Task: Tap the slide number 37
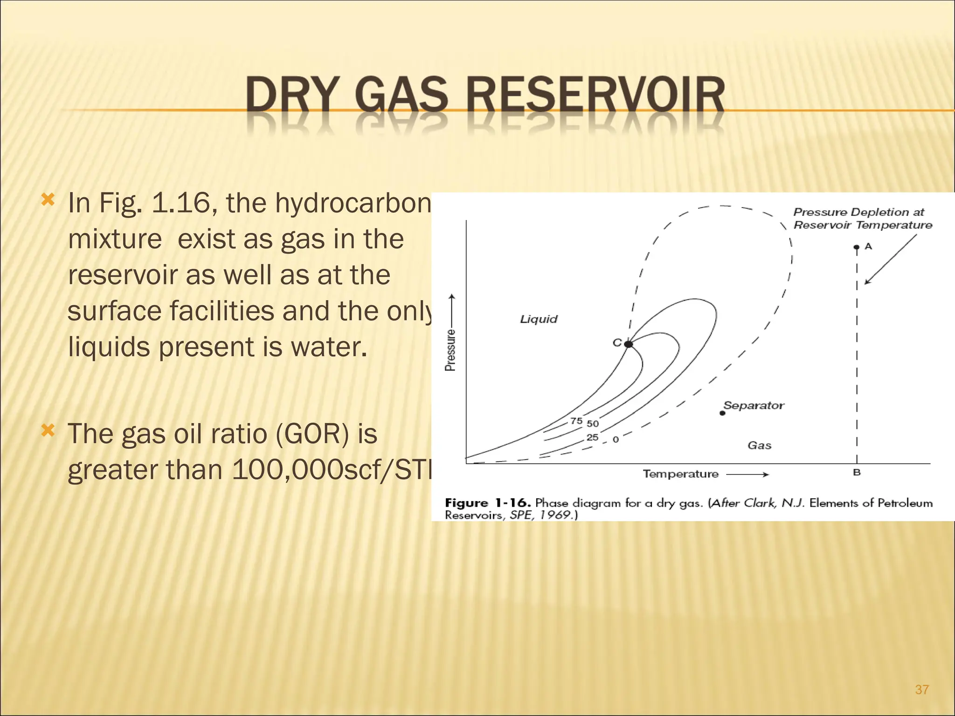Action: click(921, 689)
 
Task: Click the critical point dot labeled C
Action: click(628, 344)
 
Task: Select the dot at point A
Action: click(857, 248)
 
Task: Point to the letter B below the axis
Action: click(857, 473)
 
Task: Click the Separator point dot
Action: click(723, 413)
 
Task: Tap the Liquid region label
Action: click(539, 319)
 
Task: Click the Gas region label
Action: click(759, 446)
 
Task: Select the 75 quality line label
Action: click(576, 421)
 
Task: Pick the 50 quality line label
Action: click(593, 424)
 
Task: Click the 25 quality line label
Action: click(592, 437)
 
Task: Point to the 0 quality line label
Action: click(616, 440)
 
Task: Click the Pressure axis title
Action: click(450, 350)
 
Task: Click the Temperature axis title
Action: click(680, 474)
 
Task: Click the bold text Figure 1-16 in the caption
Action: click(488, 503)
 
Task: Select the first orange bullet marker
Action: click(48, 200)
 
